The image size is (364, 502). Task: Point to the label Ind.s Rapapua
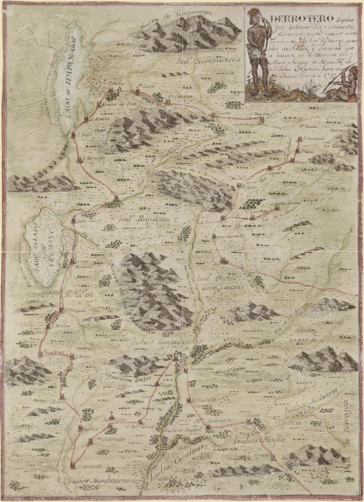coord(141,219)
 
